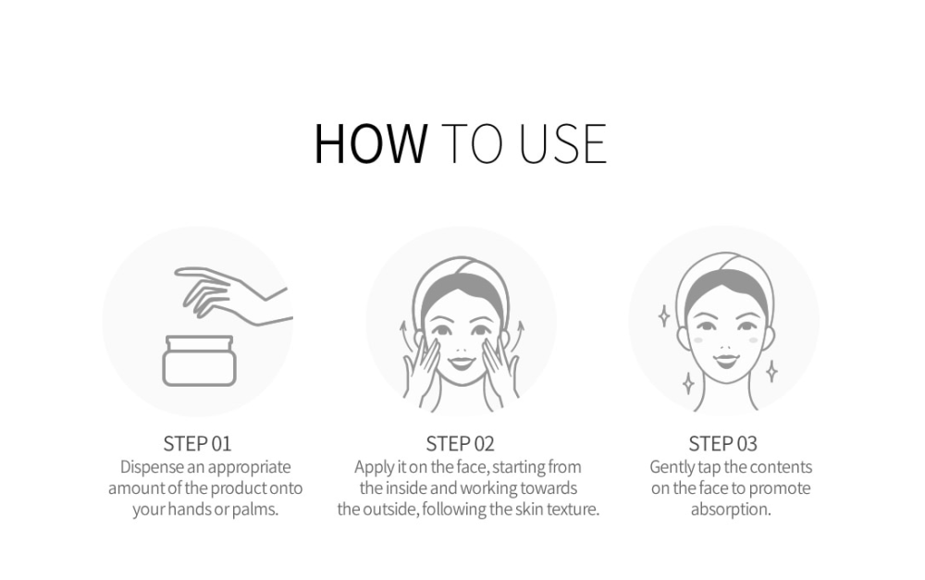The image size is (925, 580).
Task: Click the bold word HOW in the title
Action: [371, 143]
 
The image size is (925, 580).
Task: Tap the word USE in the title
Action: [562, 143]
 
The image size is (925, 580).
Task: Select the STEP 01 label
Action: [197, 443]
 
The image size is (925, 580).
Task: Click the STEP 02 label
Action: [460, 443]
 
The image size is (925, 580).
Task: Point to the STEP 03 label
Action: [722, 443]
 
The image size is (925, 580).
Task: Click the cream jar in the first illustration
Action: [200, 361]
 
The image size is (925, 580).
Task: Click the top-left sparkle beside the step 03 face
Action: [663, 315]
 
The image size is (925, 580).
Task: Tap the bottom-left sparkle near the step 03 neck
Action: [688, 384]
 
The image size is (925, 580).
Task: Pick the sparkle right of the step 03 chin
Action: [771, 371]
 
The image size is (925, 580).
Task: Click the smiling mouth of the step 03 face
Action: [725, 360]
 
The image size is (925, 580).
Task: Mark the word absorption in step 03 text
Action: [731, 509]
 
